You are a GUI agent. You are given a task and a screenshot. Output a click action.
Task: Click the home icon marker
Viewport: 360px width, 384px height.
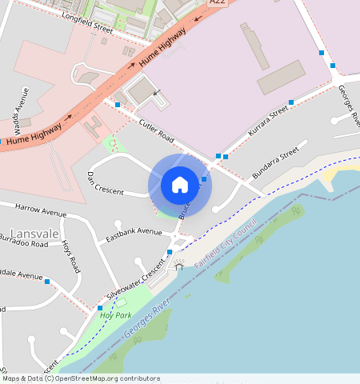coord(180,185)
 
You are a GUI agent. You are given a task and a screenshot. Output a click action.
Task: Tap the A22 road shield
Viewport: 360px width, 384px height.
coord(217,2)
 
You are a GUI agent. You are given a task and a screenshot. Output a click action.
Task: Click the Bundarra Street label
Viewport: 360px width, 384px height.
coord(279,160)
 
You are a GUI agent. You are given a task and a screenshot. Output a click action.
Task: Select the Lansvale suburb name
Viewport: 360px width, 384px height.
coord(30,233)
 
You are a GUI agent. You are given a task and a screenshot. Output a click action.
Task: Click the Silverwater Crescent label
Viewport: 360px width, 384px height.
coord(129,285)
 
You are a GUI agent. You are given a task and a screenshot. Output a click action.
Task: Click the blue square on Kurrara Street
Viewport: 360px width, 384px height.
coord(291,102)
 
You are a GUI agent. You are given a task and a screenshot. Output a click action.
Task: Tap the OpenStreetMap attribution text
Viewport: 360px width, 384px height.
coord(80,378)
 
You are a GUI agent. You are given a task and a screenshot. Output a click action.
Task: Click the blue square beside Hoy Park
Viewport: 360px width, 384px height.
coord(100,307)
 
